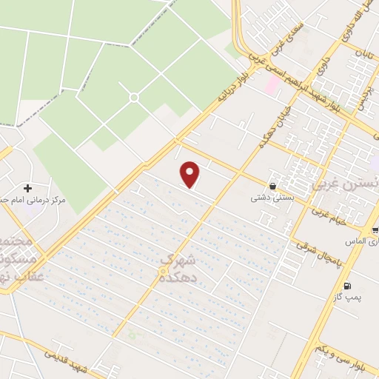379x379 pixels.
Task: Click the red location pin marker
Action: (191, 174)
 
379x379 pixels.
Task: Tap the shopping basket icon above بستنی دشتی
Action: (274, 186)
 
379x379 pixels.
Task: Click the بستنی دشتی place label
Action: (268, 198)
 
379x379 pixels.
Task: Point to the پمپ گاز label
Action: (344, 298)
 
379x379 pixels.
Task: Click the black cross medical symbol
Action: (28, 187)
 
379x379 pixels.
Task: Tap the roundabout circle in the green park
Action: (134, 98)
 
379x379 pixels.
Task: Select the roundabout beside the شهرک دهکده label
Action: (162, 273)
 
